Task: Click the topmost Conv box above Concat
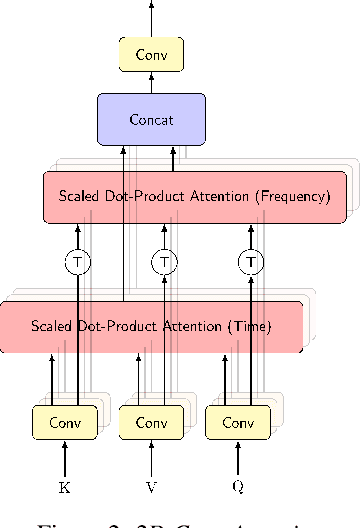pos(151,54)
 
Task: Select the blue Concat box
pos(151,119)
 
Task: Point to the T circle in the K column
pos(77,262)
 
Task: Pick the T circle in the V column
pos(163,262)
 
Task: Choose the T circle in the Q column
pos(249,262)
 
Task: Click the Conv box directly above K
pos(65,422)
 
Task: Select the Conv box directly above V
pos(151,422)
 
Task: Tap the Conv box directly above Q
pos(237,422)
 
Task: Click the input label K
pos(65,487)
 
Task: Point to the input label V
pos(151,487)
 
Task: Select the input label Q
pos(237,487)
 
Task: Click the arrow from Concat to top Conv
pos(151,83)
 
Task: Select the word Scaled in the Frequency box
pos(81,196)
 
